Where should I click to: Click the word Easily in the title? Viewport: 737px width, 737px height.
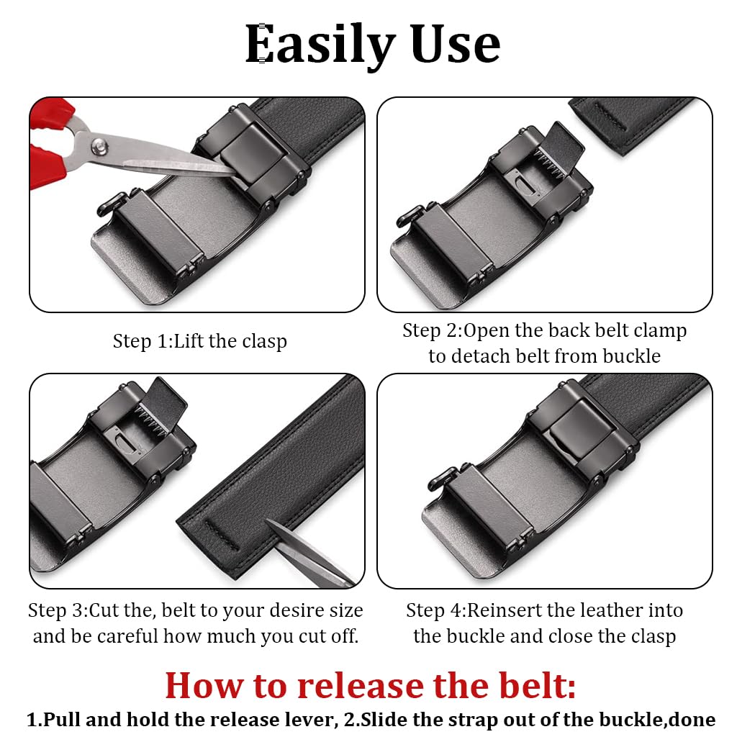(320, 45)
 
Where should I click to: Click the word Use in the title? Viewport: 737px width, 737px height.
(455, 45)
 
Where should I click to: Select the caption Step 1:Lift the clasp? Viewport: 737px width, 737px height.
(199, 341)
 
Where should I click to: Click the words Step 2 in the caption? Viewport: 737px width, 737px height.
(430, 331)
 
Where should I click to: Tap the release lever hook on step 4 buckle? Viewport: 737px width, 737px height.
(439, 476)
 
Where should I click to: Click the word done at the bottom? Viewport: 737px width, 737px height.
(694, 720)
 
